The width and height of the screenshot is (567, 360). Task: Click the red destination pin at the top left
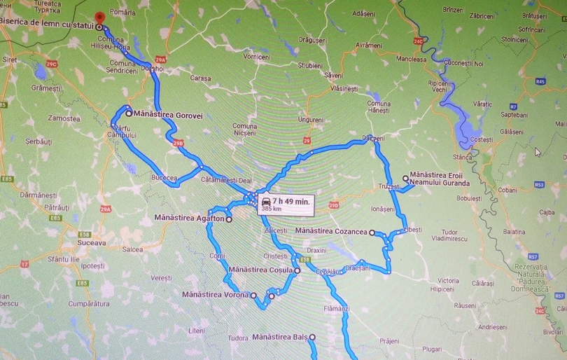coord(98,17)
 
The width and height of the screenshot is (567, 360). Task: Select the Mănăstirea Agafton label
coord(189,219)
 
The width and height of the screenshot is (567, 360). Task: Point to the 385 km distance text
coord(271,209)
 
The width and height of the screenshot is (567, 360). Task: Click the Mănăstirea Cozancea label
coord(332,231)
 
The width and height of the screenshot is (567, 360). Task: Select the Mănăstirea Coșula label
coord(260,269)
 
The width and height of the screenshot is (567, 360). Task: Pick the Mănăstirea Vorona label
coord(215,295)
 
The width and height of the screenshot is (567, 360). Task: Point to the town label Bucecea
coord(164,178)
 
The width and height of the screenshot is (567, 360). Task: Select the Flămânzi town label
coord(336,308)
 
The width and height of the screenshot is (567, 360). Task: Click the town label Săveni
coord(333,75)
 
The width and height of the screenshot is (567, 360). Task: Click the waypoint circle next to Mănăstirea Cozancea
coord(372,233)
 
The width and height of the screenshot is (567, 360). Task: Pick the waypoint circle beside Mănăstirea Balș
coord(312,337)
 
